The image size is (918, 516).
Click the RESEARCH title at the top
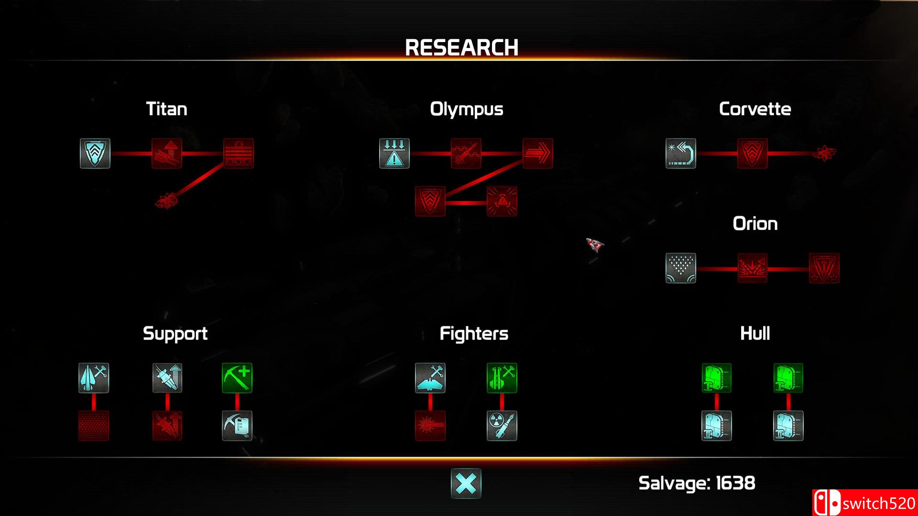click(x=461, y=47)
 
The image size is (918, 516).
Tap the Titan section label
click(x=166, y=109)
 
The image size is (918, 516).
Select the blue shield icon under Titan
click(x=95, y=153)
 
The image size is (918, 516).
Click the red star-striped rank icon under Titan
click(x=239, y=153)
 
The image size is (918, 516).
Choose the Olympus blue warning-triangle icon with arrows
click(x=394, y=153)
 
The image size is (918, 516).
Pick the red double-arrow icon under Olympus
click(x=537, y=153)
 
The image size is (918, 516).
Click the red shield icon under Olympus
click(x=430, y=201)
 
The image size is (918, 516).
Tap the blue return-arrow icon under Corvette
click(x=681, y=153)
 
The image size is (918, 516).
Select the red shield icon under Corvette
click(x=753, y=153)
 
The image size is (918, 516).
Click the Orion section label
click(x=755, y=224)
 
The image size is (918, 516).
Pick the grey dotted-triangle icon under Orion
click(x=681, y=268)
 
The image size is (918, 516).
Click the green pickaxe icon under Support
click(x=237, y=378)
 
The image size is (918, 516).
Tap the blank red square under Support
click(x=94, y=426)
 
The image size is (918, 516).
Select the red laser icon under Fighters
click(x=430, y=426)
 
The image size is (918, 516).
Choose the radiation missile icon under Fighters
click(x=502, y=426)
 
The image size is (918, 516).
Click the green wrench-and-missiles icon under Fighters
click(x=502, y=378)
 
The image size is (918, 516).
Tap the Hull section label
click(x=755, y=333)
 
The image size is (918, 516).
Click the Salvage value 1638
click(x=735, y=483)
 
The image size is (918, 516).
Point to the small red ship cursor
click(x=595, y=245)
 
